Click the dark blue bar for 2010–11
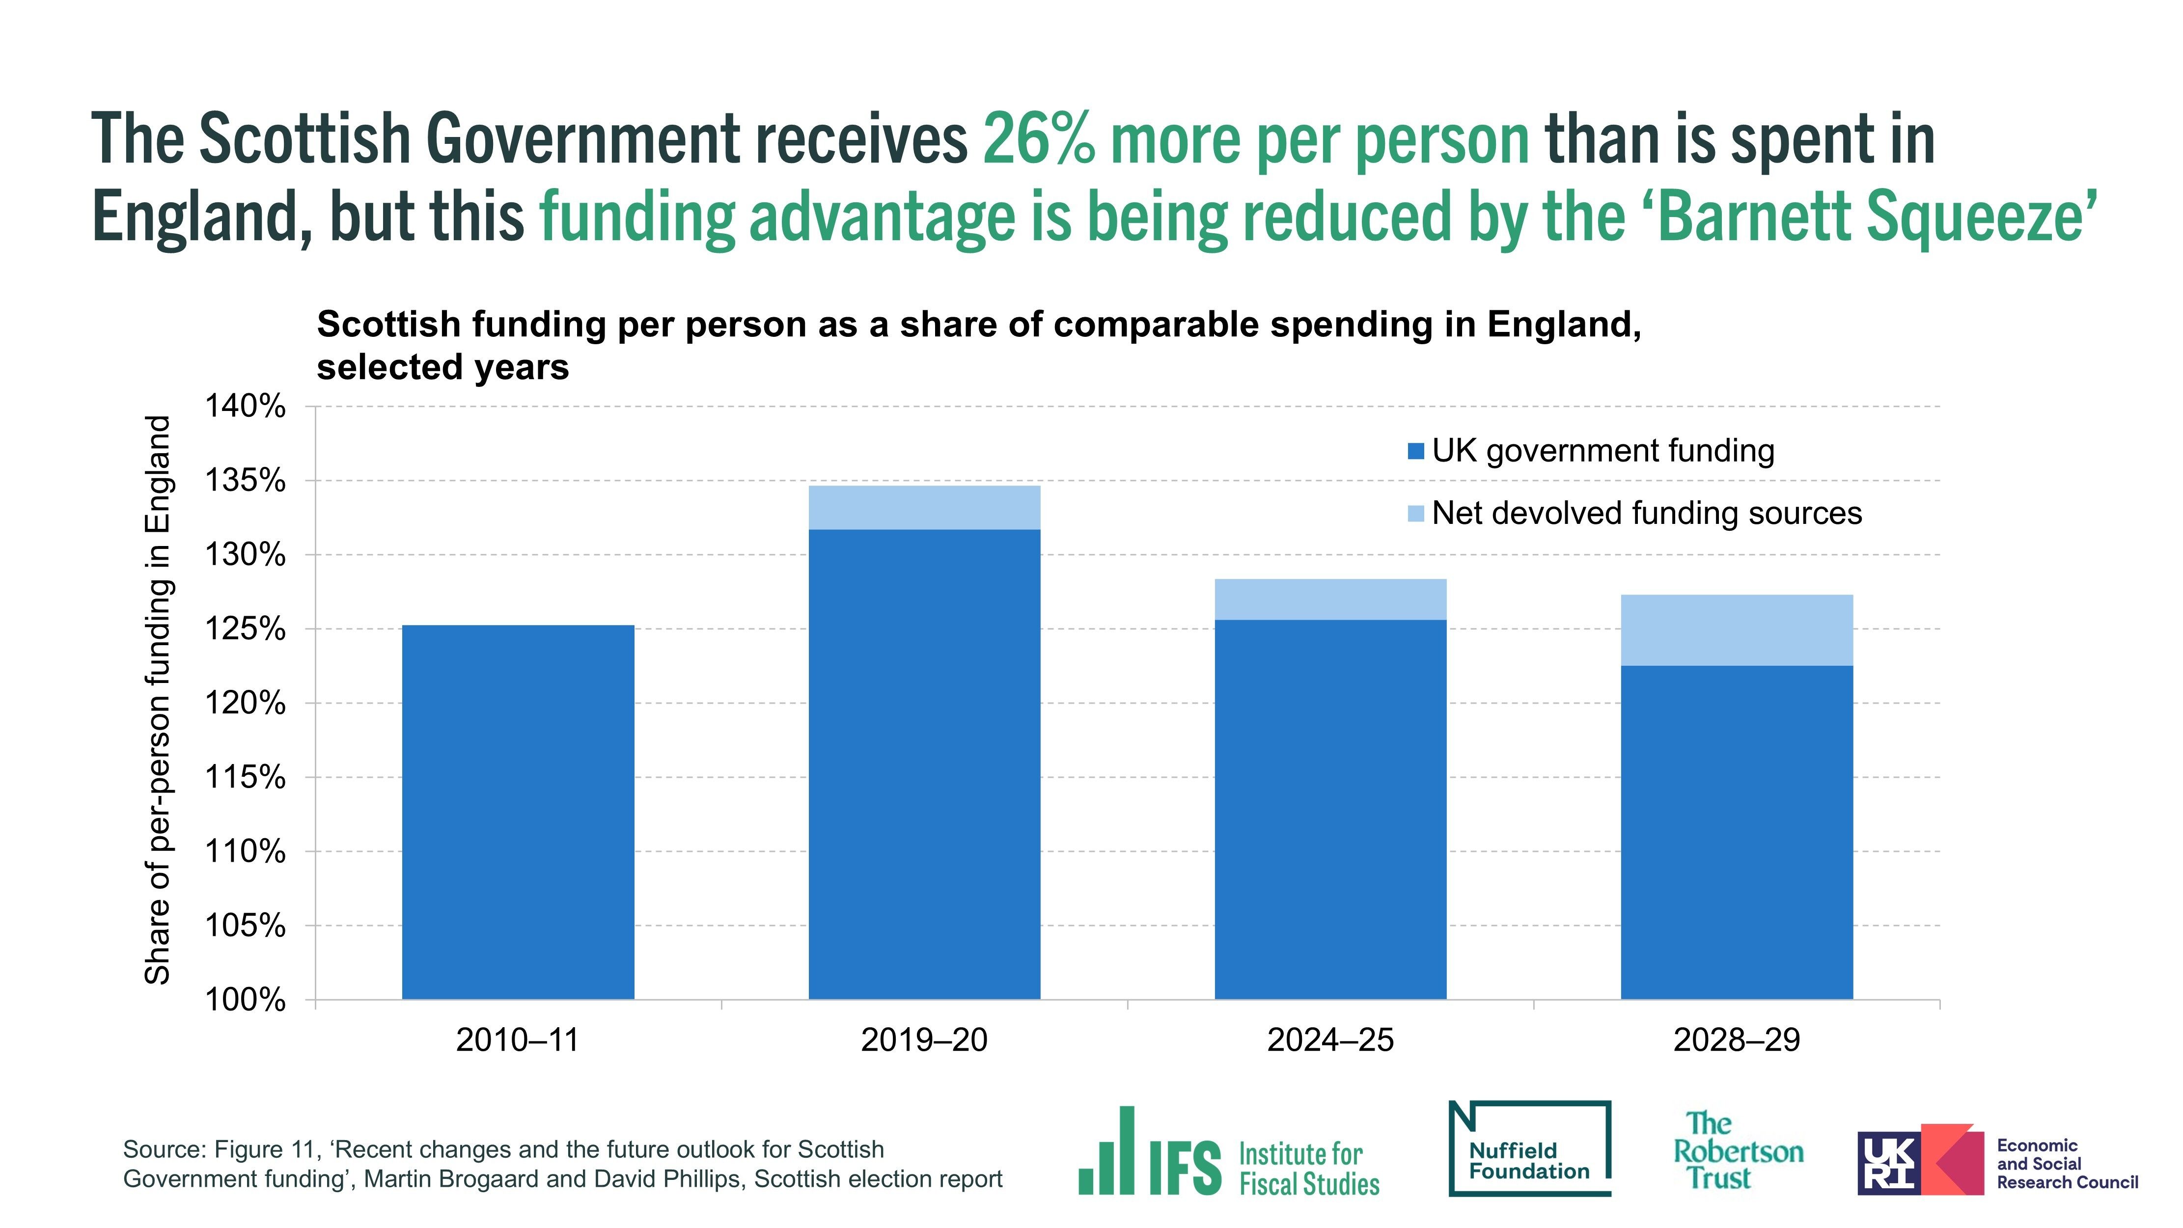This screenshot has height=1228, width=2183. coord(518,812)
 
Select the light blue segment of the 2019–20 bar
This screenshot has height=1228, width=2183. coord(924,507)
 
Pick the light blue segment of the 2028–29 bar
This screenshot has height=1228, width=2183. coord(1737,629)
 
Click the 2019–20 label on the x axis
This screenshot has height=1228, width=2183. coord(924,1040)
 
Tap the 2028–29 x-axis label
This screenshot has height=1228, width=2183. coord(1737,1040)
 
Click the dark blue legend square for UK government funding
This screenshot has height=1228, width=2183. coord(1415,451)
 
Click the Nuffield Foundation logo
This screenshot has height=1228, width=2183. coord(1530,1149)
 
